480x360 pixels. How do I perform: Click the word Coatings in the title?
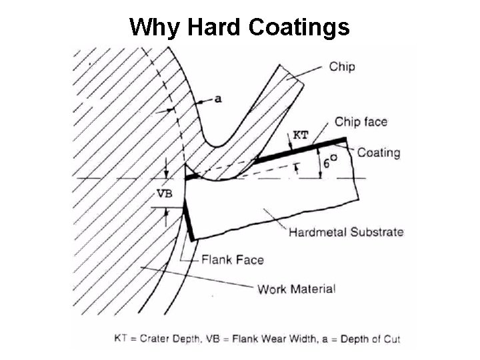click(x=299, y=27)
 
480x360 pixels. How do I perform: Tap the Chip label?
click(x=342, y=66)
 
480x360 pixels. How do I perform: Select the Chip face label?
click(x=361, y=121)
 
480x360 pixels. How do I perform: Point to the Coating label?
click(x=379, y=152)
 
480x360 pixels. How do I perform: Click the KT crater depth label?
click(x=301, y=134)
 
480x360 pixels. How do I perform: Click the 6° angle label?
click(x=329, y=161)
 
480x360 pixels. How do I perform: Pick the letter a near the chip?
click(x=217, y=99)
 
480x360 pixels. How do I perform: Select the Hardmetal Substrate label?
click(x=346, y=232)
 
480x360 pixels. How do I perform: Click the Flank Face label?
click(x=233, y=259)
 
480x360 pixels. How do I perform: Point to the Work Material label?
click(x=296, y=289)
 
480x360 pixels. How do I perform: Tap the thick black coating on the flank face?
click(x=188, y=223)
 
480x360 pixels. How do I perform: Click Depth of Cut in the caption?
click(x=369, y=339)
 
